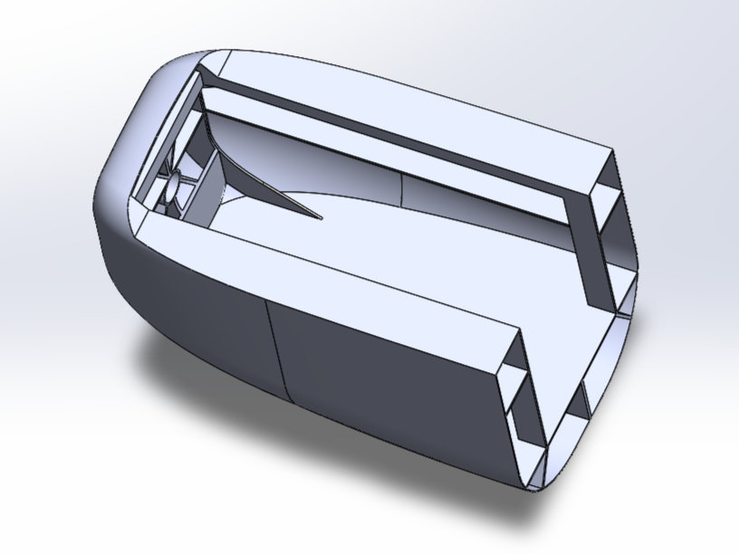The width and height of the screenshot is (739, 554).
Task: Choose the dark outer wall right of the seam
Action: pos(389,389)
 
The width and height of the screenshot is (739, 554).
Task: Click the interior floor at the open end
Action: pos(543,272)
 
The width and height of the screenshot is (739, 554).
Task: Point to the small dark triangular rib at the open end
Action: pos(580,398)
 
